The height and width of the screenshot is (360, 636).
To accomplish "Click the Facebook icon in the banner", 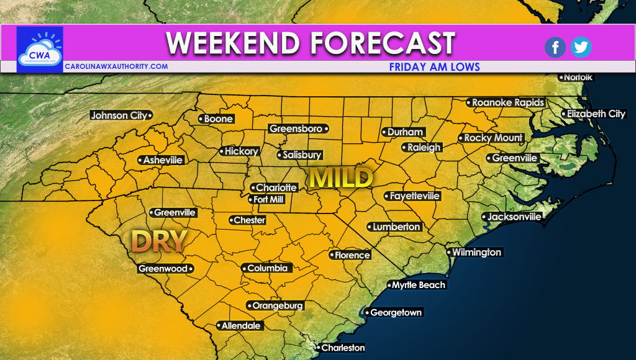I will (x=555, y=47).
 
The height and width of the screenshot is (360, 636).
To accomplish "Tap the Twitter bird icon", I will (x=581, y=47).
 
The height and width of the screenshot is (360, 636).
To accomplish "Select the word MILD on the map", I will (x=342, y=178).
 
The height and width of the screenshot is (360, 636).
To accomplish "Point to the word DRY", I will (x=160, y=241).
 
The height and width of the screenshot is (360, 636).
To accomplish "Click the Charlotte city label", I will (x=276, y=187).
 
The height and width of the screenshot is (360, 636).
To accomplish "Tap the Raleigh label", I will (x=424, y=148).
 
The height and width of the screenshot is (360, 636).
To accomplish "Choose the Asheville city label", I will (x=162, y=160).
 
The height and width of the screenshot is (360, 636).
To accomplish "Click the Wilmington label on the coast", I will (x=476, y=253).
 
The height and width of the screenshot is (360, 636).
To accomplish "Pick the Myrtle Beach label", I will (x=418, y=285).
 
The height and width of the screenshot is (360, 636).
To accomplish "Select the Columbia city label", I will (x=267, y=268).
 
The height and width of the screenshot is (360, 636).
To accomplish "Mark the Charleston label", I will (x=342, y=348).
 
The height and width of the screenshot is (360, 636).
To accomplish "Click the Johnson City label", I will (x=119, y=115).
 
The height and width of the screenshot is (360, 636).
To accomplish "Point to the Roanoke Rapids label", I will (x=507, y=102).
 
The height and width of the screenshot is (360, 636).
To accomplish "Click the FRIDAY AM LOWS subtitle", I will (x=434, y=66).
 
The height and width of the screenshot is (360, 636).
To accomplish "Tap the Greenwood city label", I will (x=163, y=269).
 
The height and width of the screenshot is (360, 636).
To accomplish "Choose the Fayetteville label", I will (x=414, y=196).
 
